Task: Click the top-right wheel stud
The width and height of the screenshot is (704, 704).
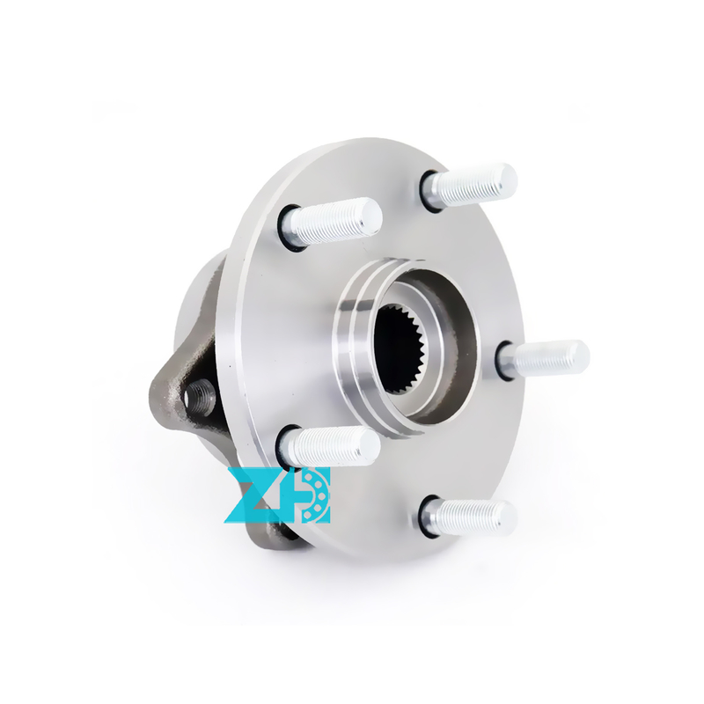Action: [469, 185]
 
